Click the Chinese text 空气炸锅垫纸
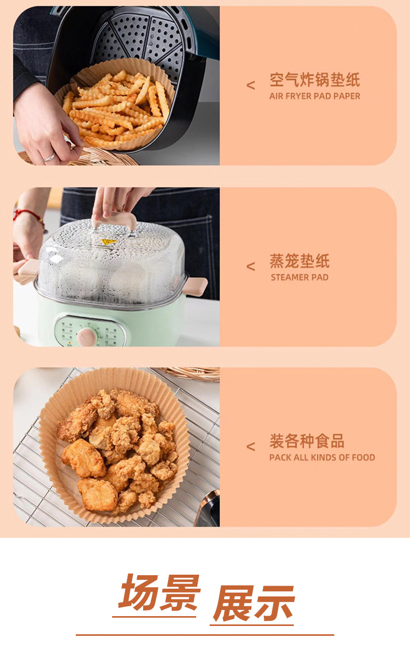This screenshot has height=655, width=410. (x=315, y=80)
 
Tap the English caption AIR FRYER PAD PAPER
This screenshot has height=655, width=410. (x=315, y=96)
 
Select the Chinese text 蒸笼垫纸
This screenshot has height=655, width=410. (x=299, y=261)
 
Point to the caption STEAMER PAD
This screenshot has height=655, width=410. (x=299, y=277)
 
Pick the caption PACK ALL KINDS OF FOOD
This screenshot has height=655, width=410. (x=322, y=458)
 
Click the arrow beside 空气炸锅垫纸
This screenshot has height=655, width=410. (x=251, y=86)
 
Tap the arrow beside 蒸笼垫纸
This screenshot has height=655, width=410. (x=251, y=266)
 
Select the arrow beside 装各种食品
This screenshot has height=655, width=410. (x=251, y=447)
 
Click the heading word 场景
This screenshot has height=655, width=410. (x=159, y=592)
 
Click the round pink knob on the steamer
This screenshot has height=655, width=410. (x=86, y=336)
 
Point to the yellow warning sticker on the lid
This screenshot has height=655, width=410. (x=108, y=241)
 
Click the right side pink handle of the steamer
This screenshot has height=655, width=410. (x=197, y=286)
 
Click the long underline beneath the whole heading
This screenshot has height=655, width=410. (x=204, y=634)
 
